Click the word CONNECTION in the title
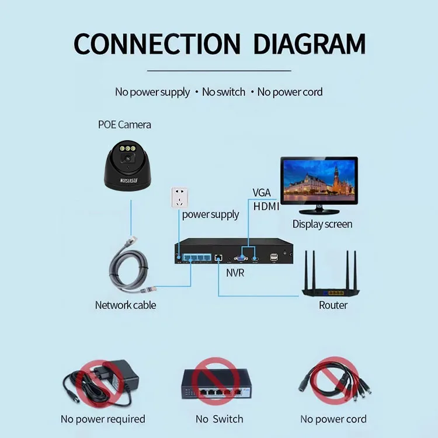click(x=157, y=44)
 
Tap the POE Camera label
click(x=124, y=124)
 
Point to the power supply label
click(x=210, y=214)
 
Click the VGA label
click(x=262, y=192)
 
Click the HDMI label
click(x=266, y=206)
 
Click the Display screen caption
click(x=322, y=224)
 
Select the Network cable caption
click(x=126, y=305)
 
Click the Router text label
click(x=333, y=305)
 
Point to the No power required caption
click(x=103, y=419)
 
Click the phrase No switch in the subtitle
click(x=223, y=92)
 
